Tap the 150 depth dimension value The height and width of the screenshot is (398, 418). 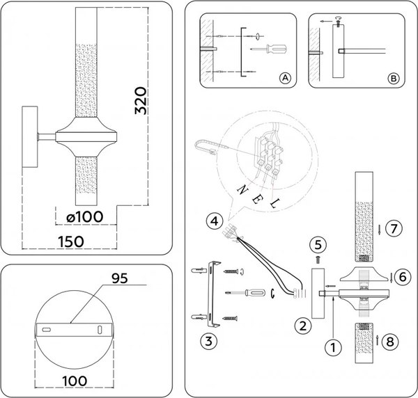70,241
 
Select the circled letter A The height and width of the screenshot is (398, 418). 284,79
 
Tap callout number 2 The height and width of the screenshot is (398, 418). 302,325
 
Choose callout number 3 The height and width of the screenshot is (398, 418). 206,341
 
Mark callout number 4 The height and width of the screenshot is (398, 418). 215,222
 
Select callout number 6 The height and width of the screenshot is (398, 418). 401,276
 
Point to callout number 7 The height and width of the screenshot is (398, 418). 394,228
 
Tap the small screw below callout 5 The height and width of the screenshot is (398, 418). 318,257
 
